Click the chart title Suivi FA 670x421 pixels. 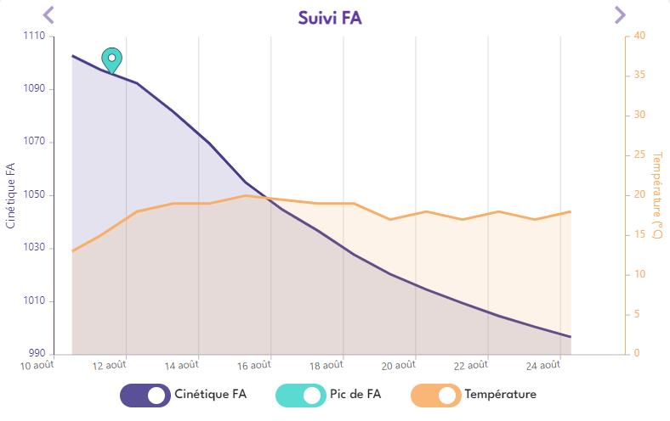[330, 17]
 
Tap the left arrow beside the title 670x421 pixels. [48, 14]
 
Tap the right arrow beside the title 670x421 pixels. [620, 14]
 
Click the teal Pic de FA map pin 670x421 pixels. [111, 59]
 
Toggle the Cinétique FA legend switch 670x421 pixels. [145, 395]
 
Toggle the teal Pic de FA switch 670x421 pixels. [300, 395]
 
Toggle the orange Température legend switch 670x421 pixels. [435, 395]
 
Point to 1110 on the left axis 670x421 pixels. [34, 36]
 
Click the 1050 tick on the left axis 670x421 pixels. [34, 195]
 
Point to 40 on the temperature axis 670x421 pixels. [639, 36]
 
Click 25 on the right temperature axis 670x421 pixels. [639, 155]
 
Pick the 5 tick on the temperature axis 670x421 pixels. [636, 314]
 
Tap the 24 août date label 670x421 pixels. [543, 367]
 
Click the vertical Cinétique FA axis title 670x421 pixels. [10, 195]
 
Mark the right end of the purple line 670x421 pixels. [570, 337]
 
